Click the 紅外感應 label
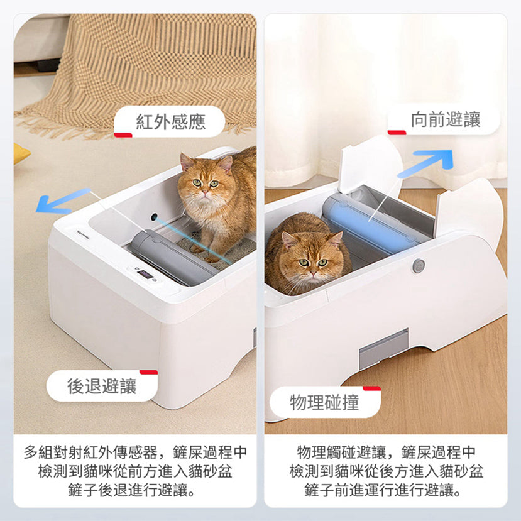(x=170, y=121)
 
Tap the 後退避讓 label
(x=102, y=386)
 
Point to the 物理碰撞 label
(x=325, y=402)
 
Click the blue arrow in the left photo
(x=63, y=200)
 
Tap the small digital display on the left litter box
(x=145, y=275)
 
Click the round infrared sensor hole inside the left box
(x=154, y=217)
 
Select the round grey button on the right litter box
(x=419, y=266)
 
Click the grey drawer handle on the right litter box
(x=384, y=349)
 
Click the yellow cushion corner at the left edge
(x=21, y=153)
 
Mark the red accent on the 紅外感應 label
(x=123, y=135)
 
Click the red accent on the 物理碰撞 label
(x=372, y=388)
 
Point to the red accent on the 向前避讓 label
(x=397, y=133)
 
